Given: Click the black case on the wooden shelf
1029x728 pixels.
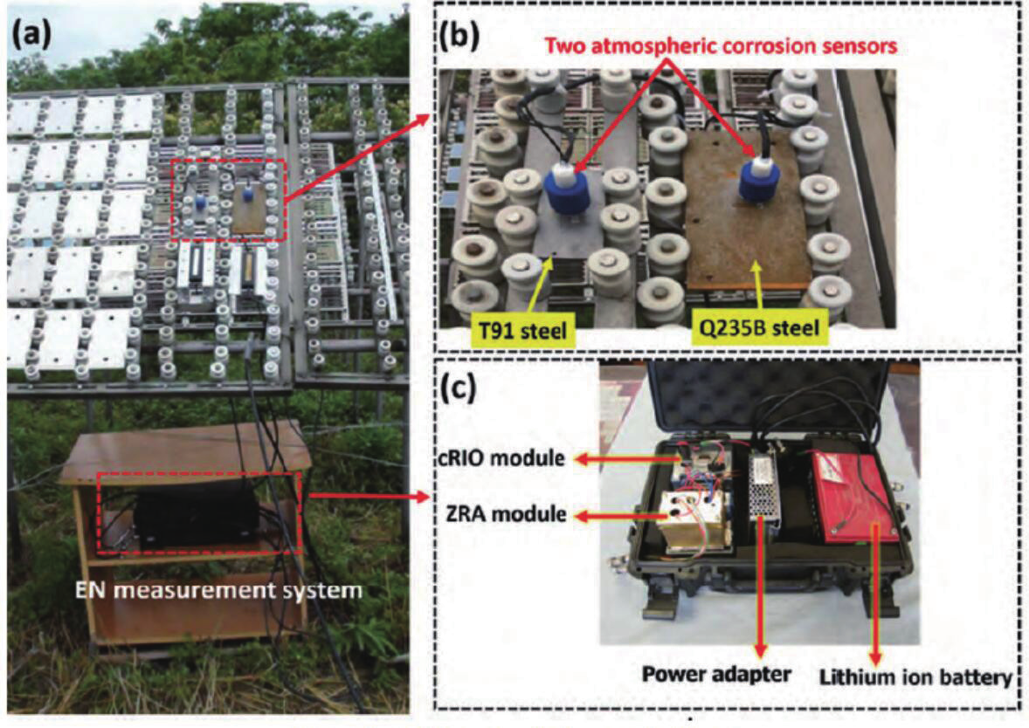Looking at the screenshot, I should (x=197, y=515).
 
